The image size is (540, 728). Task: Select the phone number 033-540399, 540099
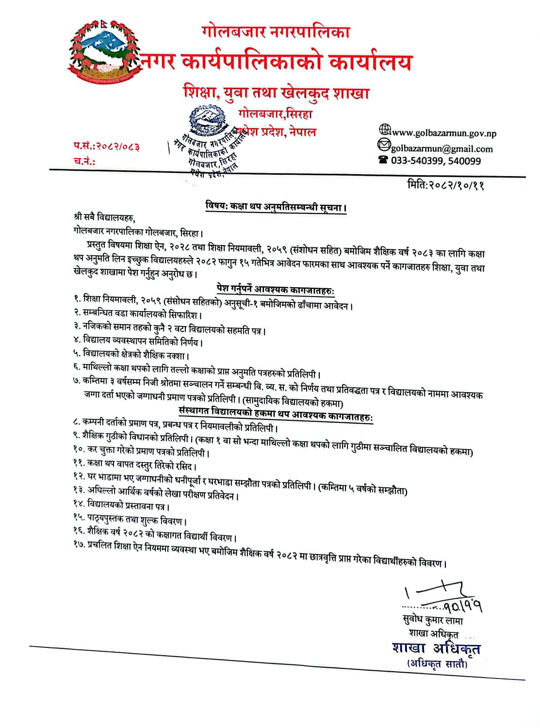click(436, 161)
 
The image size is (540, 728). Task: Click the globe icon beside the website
click(384, 130)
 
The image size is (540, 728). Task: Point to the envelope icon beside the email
click(384, 145)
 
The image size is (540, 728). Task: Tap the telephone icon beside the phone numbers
click(383, 160)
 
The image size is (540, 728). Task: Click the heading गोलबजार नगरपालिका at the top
click(276, 32)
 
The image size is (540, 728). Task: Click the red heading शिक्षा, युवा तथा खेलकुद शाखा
click(277, 92)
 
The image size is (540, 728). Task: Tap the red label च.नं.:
click(84, 162)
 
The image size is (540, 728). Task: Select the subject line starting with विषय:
click(276, 208)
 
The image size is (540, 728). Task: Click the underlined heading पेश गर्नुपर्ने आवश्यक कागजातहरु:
click(276, 291)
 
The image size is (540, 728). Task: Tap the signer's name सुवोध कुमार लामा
click(429, 621)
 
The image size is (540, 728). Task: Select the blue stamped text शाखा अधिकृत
click(436, 648)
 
